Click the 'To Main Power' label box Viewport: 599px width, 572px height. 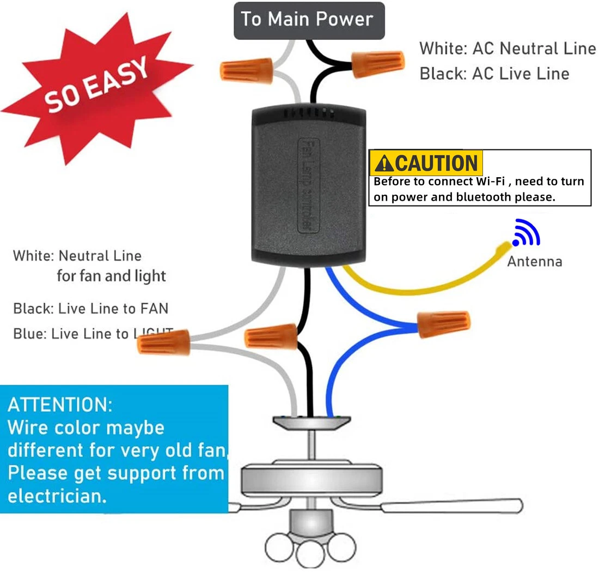tap(309, 20)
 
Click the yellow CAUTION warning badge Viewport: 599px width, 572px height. tap(426, 162)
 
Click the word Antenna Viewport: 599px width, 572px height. tap(534, 262)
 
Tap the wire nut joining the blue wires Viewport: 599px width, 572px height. tap(443, 323)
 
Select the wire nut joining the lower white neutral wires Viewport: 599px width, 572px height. tap(163, 342)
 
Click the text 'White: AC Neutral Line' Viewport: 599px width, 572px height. tap(508, 49)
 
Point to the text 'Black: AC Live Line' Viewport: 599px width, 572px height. tap(494, 74)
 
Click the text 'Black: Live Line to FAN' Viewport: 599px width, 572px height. tap(91, 309)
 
